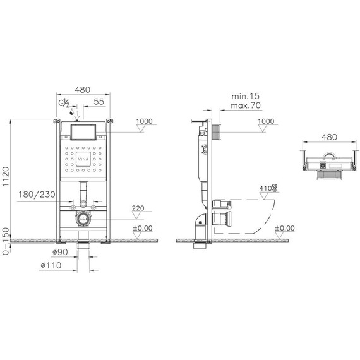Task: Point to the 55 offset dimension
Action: point(99,102)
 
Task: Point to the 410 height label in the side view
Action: point(265,188)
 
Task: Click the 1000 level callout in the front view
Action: point(144,121)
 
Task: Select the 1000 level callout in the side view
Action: point(267,121)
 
